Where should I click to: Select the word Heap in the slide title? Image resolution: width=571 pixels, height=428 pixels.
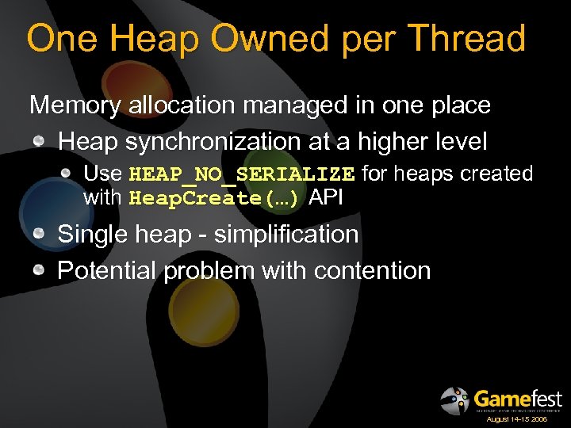tap(131, 38)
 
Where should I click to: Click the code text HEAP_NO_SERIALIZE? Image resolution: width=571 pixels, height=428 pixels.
tap(241, 174)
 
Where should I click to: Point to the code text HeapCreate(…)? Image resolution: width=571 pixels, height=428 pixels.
tap(214, 198)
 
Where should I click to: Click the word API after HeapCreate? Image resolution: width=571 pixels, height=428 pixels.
tap(325, 197)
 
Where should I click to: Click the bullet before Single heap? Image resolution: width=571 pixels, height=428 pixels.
tap(39, 235)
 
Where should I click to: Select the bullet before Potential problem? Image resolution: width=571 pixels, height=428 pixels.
tap(39, 271)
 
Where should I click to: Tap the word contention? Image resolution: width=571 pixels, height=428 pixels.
tap(372, 271)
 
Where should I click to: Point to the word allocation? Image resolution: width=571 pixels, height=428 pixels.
tap(173, 105)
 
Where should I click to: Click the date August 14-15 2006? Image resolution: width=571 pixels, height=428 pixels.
tap(516, 418)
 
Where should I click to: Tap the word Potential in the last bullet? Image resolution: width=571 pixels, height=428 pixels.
tap(107, 271)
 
